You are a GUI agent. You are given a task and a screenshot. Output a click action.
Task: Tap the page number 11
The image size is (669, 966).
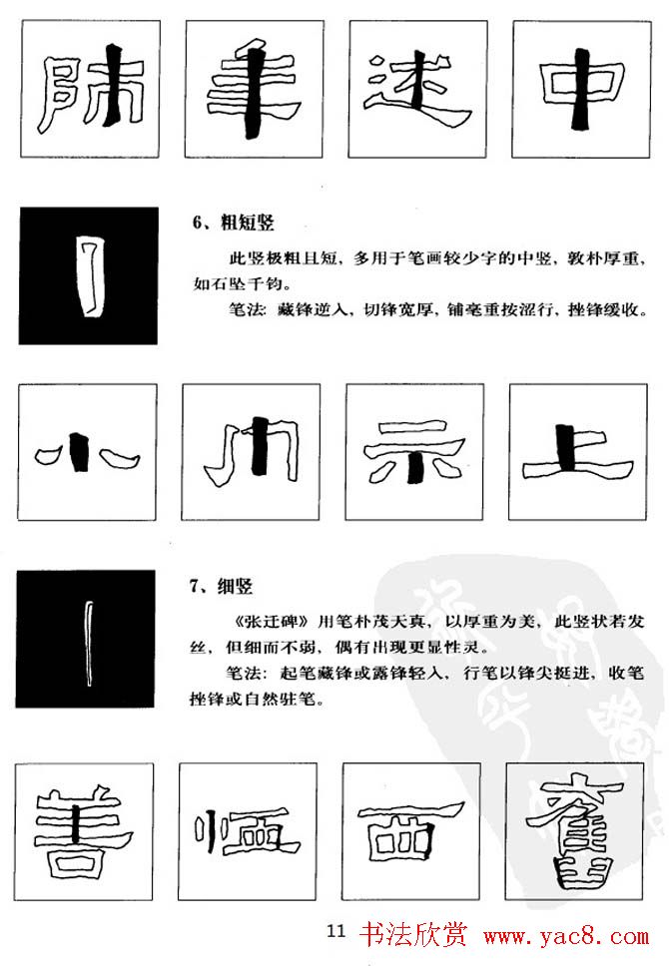(x=335, y=932)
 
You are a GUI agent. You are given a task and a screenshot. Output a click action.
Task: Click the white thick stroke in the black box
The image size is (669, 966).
(x=88, y=276)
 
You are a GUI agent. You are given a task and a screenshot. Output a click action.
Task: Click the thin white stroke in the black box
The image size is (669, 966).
(x=86, y=639)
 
